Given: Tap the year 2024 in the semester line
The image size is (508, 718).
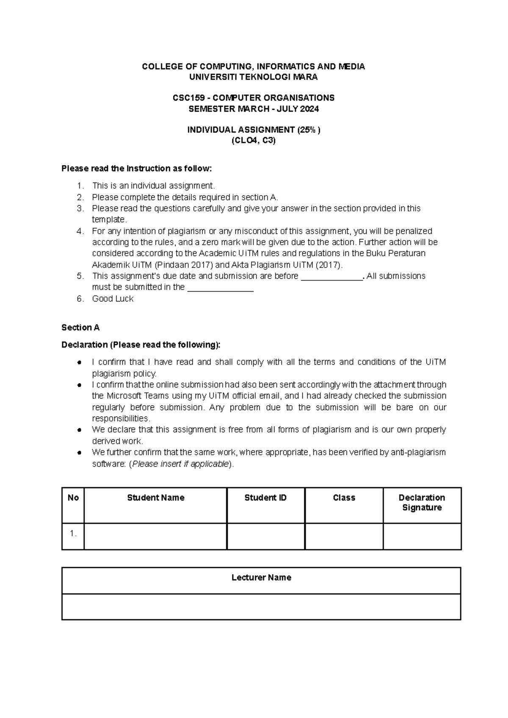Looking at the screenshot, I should coord(309,109).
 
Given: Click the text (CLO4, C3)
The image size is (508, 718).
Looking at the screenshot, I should coord(253,141).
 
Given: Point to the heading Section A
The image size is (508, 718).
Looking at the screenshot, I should coord(80,328).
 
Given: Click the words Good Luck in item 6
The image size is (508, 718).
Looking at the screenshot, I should coord(113,299).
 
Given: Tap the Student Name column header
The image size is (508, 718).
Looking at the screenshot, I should coord(155,498).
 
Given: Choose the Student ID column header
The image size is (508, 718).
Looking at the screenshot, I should coord(265,498).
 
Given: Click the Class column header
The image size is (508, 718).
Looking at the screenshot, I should coord(344,498).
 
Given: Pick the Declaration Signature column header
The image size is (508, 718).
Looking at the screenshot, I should coord(422,503).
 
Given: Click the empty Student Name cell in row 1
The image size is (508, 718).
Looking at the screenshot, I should coord(155,536).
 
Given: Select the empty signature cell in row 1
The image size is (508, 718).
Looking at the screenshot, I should coord(422,536).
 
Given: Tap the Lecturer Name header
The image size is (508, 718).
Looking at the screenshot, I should coord(261,578).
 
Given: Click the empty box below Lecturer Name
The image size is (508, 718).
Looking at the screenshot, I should coord(261,607).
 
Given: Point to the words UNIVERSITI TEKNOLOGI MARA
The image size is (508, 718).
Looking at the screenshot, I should coord(253,77).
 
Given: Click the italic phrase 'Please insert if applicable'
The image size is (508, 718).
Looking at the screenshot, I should coord(181,464).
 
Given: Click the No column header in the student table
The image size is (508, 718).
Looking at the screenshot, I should coord(73,498).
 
